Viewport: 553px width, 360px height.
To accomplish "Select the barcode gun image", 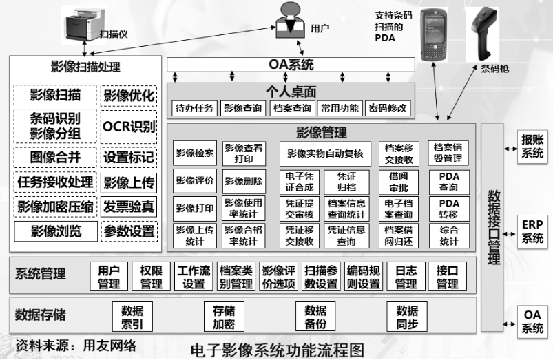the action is [x=486, y=31].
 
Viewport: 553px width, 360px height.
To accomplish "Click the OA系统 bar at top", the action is [x=291, y=65].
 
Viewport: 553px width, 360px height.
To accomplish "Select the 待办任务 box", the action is [x=195, y=108].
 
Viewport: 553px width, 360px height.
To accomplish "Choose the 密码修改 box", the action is [x=387, y=108].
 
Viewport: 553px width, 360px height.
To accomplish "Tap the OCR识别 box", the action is [x=129, y=126].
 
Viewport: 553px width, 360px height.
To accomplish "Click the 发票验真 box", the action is [x=129, y=206].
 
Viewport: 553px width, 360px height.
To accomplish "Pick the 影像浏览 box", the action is [x=56, y=231].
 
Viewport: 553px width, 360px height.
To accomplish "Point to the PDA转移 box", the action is [x=448, y=209].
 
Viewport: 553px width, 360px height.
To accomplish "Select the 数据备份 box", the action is [x=315, y=316].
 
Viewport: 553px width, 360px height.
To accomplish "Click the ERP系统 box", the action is [x=532, y=231].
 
